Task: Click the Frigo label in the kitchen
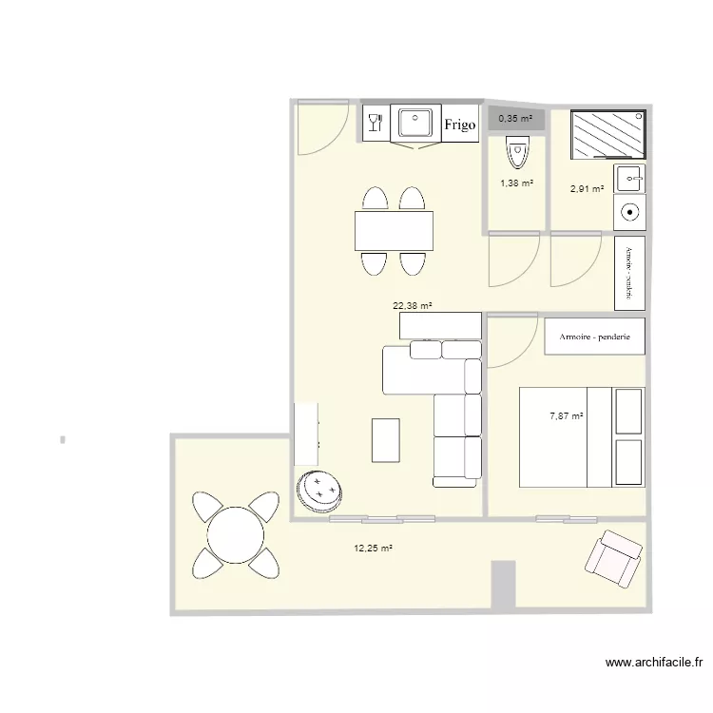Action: pos(459,125)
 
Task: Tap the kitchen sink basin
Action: pos(415,124)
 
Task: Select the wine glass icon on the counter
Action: pos(374,123)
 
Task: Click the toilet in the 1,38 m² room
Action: pos(516,149)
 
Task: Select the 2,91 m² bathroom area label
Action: pos(587,189)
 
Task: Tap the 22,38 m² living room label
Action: pos(413,306)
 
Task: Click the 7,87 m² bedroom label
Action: pos(566,415)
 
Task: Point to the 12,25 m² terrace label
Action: pos(374,549)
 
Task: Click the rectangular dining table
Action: pos(394,231)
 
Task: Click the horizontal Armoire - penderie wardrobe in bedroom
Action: pos(595,337)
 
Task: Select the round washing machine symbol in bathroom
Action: pos(628,213)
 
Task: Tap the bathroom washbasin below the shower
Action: pos(629,178)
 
